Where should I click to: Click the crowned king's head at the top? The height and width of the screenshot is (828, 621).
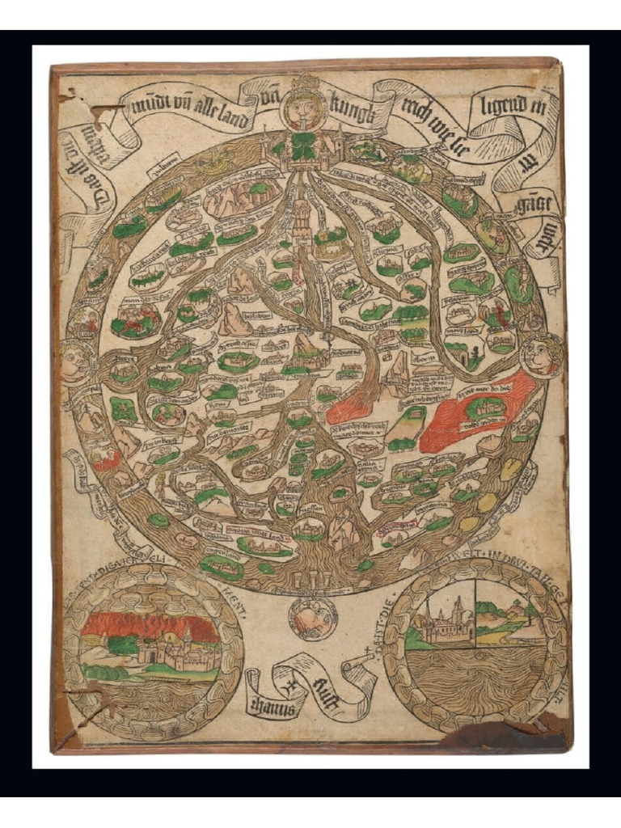306,104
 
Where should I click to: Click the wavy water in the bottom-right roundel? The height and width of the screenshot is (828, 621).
473,675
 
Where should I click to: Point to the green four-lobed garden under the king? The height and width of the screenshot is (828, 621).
306,150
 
